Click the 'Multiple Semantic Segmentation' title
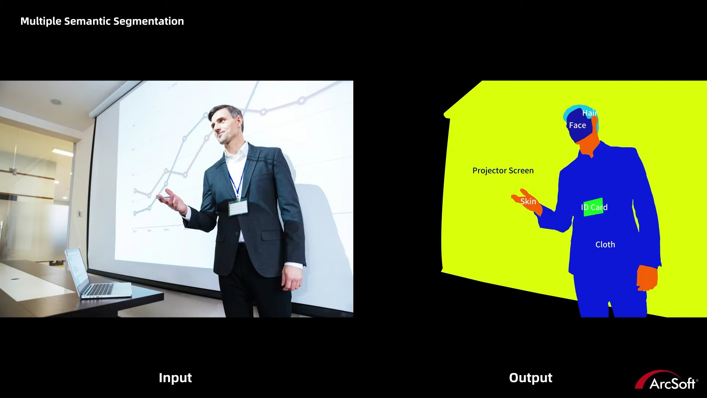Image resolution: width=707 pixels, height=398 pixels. pos(102,21)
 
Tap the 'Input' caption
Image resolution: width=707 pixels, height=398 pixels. pos(175,378)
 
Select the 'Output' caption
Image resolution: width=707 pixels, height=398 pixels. pos(531,378)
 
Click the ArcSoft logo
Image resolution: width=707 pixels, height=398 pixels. pos(666,380)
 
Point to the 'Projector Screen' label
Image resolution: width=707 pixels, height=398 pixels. pos(503,171)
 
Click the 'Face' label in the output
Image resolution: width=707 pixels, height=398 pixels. pos(577,126)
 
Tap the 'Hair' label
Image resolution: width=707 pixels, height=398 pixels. pos(590,113)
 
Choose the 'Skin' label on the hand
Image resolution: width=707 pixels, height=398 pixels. pos(528,201)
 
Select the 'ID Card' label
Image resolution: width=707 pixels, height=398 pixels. pos(594,207)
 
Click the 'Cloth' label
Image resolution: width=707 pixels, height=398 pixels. pos(605,244)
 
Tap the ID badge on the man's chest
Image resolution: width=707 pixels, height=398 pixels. pos(238,208)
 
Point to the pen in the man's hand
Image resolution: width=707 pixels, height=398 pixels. pos(163,198)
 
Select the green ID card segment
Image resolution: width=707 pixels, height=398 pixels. pos(593,207)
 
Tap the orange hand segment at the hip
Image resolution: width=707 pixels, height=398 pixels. pos(647,278)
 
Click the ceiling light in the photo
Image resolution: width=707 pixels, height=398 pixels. pos(56,102)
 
